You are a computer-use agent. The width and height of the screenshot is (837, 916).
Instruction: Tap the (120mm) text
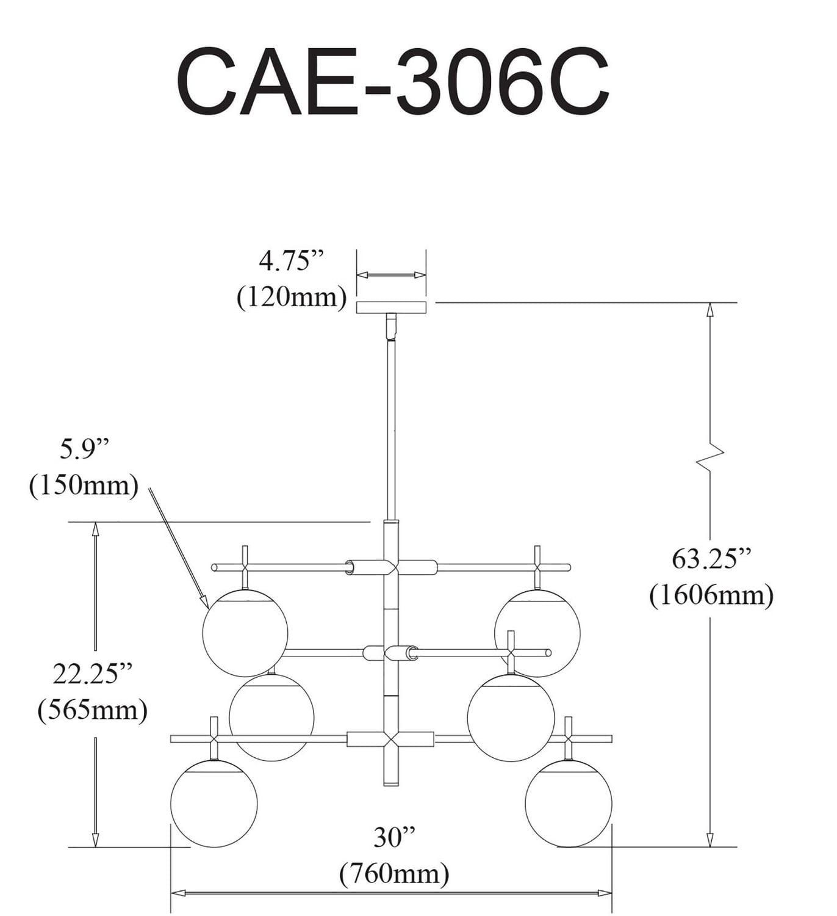292,297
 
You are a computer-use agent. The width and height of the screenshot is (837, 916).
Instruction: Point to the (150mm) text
84,486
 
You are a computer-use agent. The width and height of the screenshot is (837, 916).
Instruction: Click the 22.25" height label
92,674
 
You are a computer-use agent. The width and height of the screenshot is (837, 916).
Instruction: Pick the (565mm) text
92,710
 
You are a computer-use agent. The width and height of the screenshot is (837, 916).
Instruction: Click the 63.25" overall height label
711,558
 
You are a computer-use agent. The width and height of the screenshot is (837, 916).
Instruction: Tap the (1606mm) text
711,595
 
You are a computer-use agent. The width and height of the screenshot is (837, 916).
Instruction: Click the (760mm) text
394,874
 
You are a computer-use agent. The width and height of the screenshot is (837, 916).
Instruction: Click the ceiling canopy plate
391,307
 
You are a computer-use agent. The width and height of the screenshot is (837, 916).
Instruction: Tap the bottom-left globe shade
214,804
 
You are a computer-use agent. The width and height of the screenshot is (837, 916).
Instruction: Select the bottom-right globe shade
568,804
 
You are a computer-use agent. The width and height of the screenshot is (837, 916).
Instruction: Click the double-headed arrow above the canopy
391,275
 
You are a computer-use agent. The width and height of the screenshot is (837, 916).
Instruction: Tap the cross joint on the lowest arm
390,739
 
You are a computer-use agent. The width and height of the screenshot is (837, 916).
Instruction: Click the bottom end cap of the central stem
390,782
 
